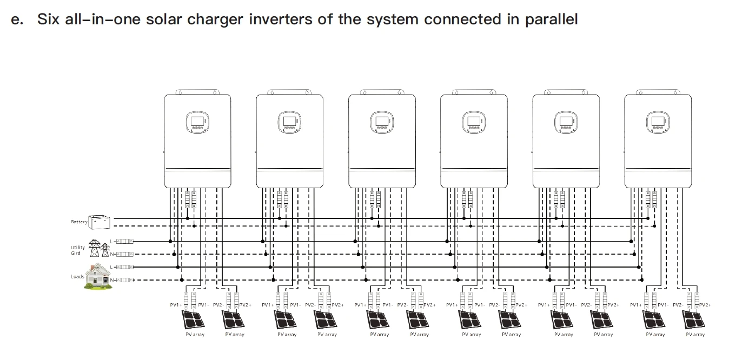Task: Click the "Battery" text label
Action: coord(79,222)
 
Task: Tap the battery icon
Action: coord(100,222)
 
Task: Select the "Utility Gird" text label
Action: coord(78,250)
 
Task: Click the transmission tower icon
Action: coord(98,249)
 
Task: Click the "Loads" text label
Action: coord(77,277)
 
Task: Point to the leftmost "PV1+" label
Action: coord(176,305)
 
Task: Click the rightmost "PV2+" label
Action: coord(705,305)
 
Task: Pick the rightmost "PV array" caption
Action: coord(695,335)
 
